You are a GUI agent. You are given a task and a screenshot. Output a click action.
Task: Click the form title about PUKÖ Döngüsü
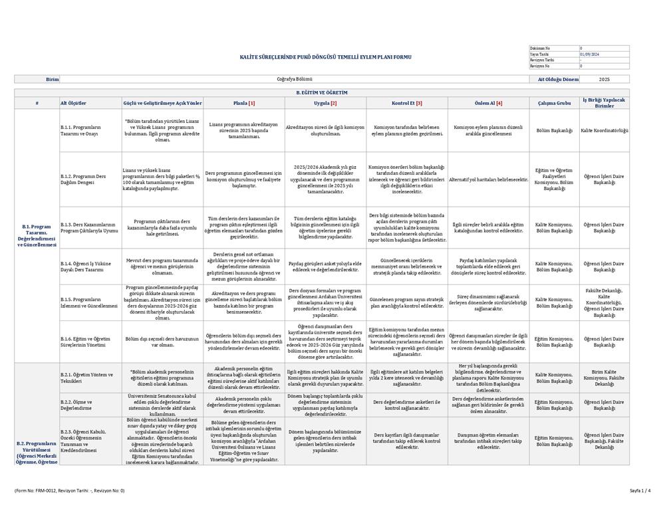pyautogui.click(x=325, y=57)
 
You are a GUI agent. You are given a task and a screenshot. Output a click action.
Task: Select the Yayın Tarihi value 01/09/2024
pyautogui.click(x=589, y=54)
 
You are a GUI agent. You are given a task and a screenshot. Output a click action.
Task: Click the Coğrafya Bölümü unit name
pyautogui.click(x=294, y=79)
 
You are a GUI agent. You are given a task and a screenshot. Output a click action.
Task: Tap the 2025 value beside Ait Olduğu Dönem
pyautogui.click(x=604, y=79)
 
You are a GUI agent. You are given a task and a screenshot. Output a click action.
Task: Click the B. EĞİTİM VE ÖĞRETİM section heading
pyautogui.click(x=322, y=93)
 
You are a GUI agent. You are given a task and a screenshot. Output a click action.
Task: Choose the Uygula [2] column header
pyautogui.click(x=325, y=103)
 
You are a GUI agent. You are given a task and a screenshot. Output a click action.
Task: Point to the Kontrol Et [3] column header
pyautogui.click(x=407, y=103)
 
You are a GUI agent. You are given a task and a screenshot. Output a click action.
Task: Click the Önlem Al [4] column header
pyautogui.click(x=489, y=103)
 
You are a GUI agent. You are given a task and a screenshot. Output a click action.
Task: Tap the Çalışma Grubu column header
pyautogui.click(x=554, y=103)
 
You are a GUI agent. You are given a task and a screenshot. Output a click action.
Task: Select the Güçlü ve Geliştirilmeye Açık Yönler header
pyautogui.click(x=162, y=103)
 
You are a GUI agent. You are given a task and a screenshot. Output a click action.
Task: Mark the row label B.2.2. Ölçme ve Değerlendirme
pyautogui.click(x=76, y=405)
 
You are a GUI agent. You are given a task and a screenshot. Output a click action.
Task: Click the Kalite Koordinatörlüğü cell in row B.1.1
pyautogui.click(x=604, y=130)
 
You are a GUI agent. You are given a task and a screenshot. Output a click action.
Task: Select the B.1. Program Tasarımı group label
pyautogui.click(x=37, y=235)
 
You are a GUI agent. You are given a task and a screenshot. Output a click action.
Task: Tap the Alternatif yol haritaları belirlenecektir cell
pyautogui.click(x=489, y=179)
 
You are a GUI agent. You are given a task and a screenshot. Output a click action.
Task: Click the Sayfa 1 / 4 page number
pyautogui.click(x=640, y=490)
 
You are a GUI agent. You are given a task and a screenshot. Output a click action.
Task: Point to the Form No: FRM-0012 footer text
pyautogui.click(x=70, y=490)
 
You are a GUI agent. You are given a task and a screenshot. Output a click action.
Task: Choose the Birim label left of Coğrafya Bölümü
pyautogui.click(x=53, y=79)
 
